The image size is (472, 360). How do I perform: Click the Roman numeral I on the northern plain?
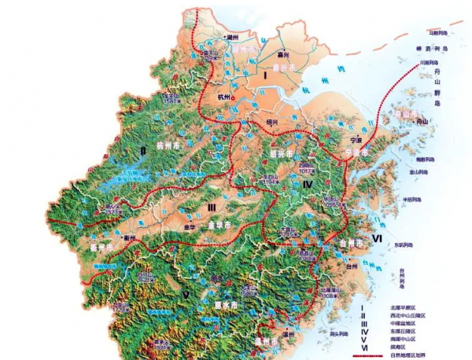(267, 75)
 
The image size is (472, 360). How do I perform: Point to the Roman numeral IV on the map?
(308, 184)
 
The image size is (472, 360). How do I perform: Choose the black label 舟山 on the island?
(424, 123)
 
